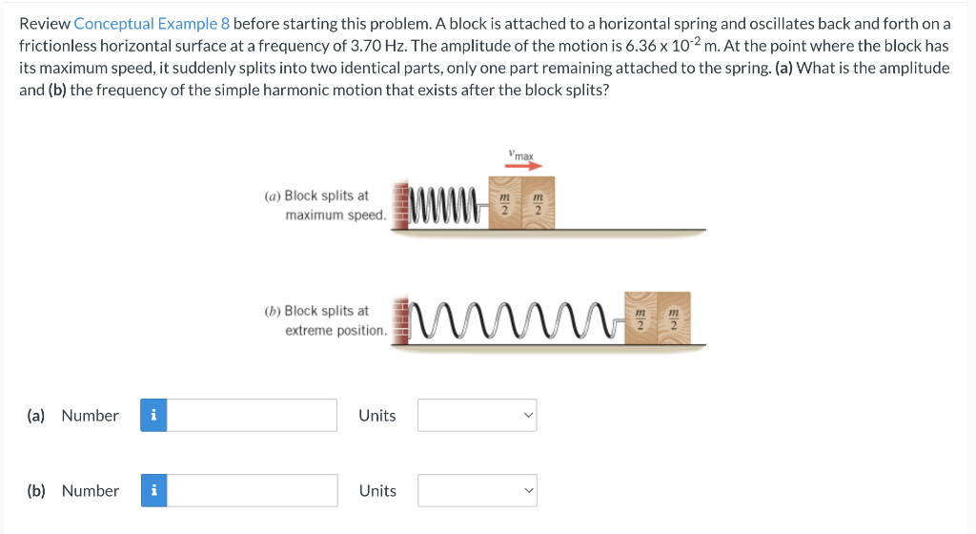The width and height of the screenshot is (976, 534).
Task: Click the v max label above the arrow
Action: pyautogui.click(x=521, y=154)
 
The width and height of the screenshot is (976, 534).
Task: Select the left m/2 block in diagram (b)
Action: pyautogui.click(x=642, y=318)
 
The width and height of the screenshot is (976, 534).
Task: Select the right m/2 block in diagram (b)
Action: pyautogui.click(x=674, y=318)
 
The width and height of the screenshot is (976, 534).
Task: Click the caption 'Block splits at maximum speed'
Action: pyautogui.click(x=326, y=205)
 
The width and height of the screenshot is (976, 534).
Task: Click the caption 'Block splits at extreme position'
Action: pyautogui.click(x=326, y=320)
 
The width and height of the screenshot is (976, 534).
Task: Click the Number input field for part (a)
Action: pyautogui.click(x=253, y=415)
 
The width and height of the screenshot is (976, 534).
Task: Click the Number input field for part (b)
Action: pyautogui.click(x=253, y=490)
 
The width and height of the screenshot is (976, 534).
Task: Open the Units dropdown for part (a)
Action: pyautogui.click(x=477, y=415)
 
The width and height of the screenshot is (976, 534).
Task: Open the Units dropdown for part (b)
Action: pyautogui.click(x=477, y=490)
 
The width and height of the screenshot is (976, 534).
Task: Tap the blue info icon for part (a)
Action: pyautogui.click(x=153, y=415)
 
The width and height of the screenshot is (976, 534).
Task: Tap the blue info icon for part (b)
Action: pyautogui.click(x=153, y=490)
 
